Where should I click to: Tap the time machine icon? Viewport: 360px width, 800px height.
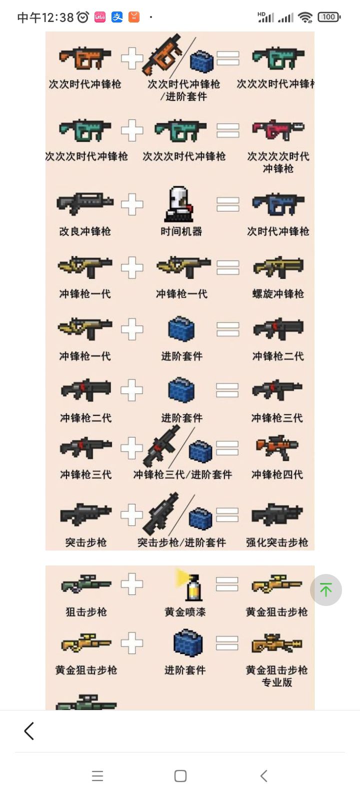click(179, 204)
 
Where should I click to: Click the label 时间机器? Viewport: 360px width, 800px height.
click(181, 231)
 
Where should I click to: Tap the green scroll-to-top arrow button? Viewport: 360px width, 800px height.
click(325, 589)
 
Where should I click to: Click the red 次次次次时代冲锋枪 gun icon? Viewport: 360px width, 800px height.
click(278, 129)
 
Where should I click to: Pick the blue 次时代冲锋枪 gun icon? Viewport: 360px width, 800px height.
click(278, 204)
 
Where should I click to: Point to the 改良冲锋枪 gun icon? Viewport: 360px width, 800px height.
click(85, 203)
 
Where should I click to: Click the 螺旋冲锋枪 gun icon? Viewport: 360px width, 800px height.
click(278, 267)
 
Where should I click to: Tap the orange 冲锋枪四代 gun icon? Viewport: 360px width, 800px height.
click(277, 447)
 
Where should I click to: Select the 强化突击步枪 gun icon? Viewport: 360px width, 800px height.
click(277, 514)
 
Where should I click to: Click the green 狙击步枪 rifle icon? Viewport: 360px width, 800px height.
click(85, 583)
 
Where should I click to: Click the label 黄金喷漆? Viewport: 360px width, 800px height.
click(185, 612)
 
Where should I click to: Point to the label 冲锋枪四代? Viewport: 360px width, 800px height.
click(277, 474)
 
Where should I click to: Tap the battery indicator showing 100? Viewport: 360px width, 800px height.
click(329, 17)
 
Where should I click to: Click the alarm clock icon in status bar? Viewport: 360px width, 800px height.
click(83, 17)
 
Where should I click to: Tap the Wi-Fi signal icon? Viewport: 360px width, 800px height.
click(305, 17)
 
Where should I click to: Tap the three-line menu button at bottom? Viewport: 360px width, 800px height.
click(97, 775)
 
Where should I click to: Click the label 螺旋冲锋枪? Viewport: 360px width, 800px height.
click(278, 294)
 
